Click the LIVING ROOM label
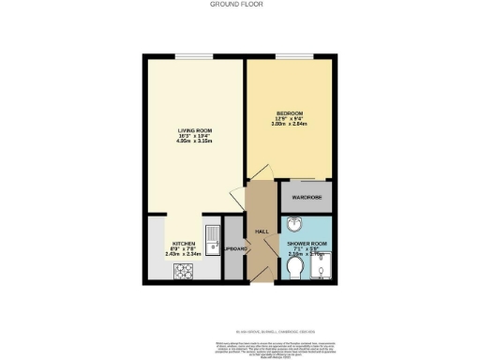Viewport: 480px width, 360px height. pos(193,130)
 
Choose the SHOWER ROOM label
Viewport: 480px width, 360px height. pos(306,242)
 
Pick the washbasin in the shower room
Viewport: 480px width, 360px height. pos(294,225)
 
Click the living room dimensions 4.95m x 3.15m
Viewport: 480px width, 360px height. pos(193,142)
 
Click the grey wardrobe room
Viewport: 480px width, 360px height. pos(307,197)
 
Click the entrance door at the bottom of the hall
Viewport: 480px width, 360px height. pos(262,279)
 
